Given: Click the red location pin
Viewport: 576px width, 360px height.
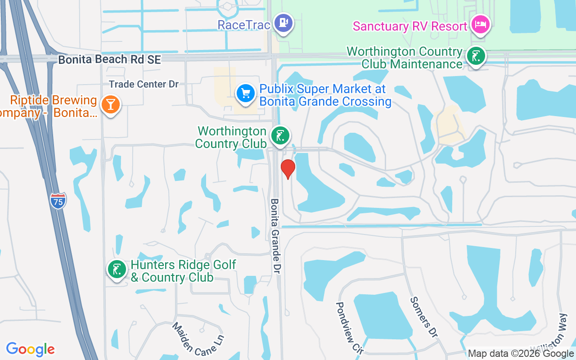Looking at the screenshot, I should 288,169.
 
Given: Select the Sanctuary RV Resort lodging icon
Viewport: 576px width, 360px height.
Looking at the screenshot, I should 481,25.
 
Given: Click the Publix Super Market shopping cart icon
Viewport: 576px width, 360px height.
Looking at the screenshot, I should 246,94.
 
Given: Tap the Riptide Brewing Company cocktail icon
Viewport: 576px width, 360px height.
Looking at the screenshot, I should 110,104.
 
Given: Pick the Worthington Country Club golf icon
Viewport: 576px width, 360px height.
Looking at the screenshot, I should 280,135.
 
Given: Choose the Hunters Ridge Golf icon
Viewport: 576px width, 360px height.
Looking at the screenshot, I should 117,270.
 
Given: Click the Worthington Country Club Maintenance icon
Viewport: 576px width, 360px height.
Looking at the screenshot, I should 476,56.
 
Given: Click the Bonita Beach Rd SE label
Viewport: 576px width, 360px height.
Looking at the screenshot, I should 109,60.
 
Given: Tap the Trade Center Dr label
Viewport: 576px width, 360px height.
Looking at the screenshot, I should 144,84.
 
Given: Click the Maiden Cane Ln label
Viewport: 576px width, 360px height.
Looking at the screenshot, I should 198,339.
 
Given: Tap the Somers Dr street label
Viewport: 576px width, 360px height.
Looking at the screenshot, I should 423,317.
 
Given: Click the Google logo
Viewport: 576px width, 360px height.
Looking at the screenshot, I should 30,349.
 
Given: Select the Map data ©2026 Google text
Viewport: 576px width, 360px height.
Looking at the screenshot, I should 521,354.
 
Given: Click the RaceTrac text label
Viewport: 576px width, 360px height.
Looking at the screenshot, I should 244,25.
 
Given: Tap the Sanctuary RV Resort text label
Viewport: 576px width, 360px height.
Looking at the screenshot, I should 410,26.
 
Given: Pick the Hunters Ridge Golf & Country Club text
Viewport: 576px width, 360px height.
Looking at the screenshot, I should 183,271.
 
